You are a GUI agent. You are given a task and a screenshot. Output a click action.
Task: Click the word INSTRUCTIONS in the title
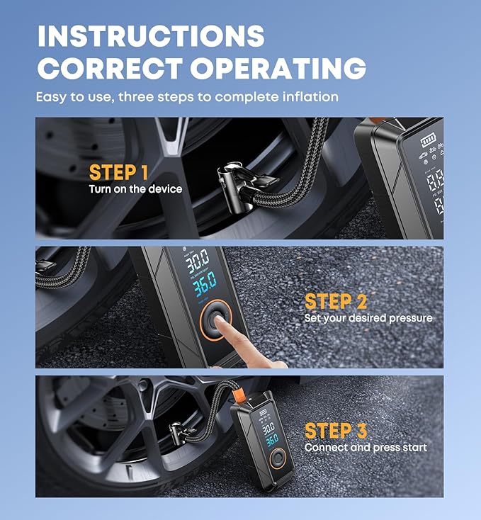[x=150, y=35]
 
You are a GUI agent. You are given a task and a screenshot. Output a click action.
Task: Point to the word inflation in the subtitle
[x=310, y=96]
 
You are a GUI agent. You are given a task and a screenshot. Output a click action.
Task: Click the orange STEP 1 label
[x=119, y=172]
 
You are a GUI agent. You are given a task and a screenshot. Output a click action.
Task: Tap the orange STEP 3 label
[x=335, y=430]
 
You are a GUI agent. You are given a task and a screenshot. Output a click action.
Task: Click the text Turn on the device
[x=135, y=189]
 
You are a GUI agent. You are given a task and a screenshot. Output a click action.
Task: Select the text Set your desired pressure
[x=368, y=318]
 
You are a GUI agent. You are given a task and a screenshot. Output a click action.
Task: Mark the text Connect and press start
[x=366, y=448]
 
